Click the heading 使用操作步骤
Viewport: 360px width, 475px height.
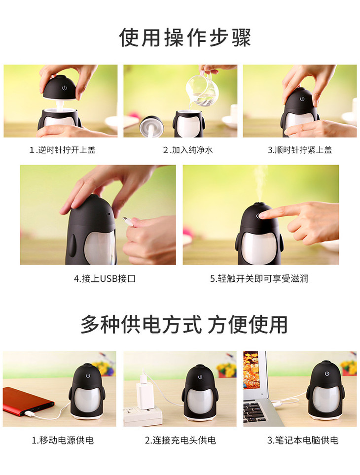(x=185, y=37)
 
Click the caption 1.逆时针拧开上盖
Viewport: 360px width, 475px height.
(x=63, y=150)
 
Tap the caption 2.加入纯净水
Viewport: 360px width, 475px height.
(x=188, y=150)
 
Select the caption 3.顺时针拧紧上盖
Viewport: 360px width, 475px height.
(x=300, y=150)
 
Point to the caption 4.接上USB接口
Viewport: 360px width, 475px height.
(x=105, y=278)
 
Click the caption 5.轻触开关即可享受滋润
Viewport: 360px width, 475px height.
(x=259, y=278)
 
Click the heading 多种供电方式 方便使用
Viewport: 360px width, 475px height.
(x=184, y=324)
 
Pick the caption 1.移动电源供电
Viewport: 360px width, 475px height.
(x=63, y=440)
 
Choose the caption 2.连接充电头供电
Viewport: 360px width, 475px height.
(x=180, y=440)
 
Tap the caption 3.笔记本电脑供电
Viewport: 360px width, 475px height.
(x=303, y=440)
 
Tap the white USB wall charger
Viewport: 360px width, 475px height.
(x=144, y=393)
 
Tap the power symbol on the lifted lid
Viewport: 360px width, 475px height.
(x=64, y=88)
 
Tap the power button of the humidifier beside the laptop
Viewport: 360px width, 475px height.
(x=327, y=373)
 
